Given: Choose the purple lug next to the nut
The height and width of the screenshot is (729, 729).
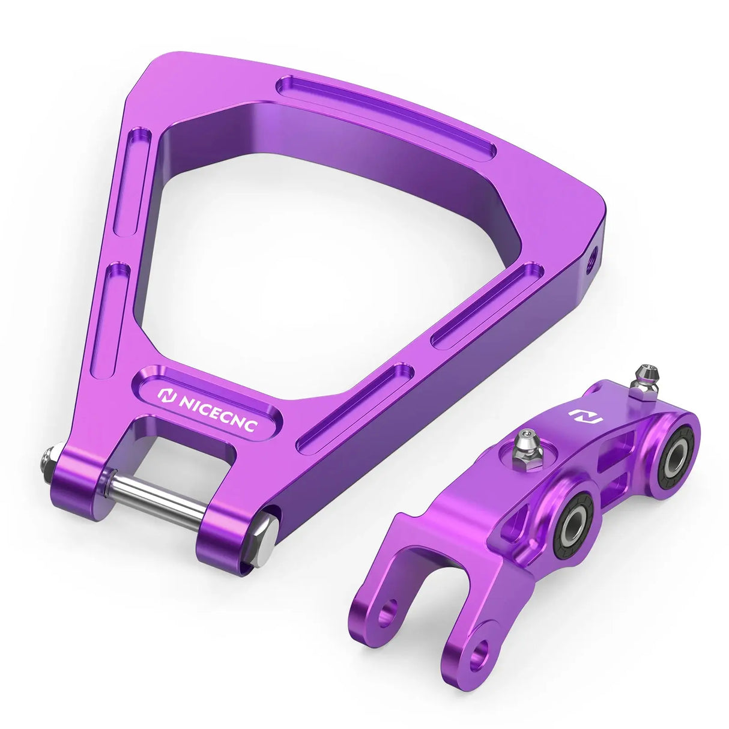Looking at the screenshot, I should coord(78,480).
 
